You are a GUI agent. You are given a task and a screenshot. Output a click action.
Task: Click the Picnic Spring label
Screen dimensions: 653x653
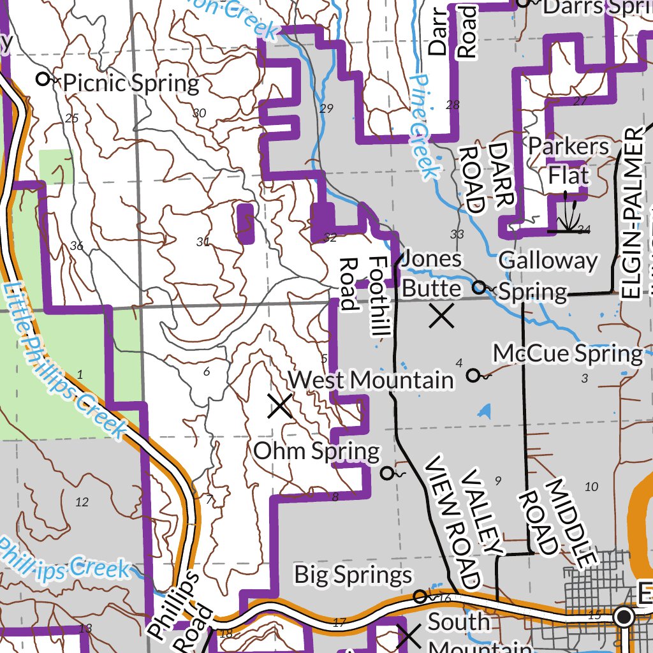click(131, 83)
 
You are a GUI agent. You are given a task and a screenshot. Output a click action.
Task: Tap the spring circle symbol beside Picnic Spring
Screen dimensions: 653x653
click(43, 80)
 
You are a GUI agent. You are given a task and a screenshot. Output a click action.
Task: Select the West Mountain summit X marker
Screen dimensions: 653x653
click(280, 406)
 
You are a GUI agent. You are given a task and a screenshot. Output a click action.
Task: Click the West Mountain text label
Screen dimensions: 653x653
click(371, 381)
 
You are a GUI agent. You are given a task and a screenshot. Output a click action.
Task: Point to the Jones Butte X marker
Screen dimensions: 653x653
click(441, 316)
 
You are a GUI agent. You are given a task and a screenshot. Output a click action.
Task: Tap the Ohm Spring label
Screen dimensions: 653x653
click(316, 451)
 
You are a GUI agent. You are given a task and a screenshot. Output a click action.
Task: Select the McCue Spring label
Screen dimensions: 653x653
click(568, 353)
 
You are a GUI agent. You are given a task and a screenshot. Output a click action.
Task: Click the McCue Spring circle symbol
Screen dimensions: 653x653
click(473, 376)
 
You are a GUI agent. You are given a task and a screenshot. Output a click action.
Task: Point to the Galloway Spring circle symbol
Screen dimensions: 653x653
click(478, 288)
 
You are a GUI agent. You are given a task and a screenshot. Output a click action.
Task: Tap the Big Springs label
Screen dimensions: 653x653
click(353, 575)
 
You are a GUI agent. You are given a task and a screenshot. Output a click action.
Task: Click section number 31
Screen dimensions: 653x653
click(203, 242)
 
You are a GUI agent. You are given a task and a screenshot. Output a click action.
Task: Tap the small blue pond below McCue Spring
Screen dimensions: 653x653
click(484, 410)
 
